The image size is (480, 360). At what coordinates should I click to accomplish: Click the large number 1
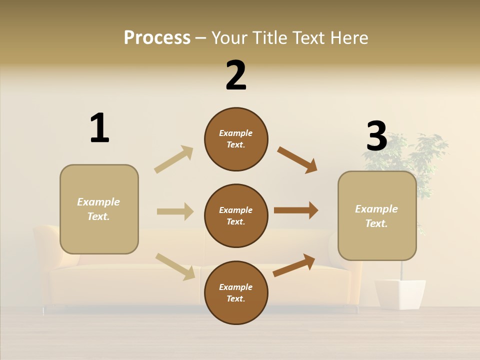(99, 128)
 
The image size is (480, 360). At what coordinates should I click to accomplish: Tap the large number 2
(236, 75)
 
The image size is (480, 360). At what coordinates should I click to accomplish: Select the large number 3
(376, 136)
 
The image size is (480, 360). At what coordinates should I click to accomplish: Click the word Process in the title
(157, 38)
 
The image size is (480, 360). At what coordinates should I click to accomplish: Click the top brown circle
(236, 139)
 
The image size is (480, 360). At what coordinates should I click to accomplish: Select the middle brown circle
(236, 215)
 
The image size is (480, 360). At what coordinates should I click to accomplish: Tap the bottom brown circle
(236, 292)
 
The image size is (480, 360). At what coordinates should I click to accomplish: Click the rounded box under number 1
(99, 209)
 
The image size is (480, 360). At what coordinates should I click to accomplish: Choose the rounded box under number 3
(377, 215)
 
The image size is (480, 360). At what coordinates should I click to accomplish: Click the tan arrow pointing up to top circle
(174, 159)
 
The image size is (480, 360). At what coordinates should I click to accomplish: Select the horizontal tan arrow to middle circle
(175, 211)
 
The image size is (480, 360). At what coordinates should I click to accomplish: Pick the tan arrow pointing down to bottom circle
(175, 266)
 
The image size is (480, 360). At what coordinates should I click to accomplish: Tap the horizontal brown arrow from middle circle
(296, 210)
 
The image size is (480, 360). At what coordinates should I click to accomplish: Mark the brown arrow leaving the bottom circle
(294, 265)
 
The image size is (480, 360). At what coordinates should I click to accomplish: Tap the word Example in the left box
(98, 202)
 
